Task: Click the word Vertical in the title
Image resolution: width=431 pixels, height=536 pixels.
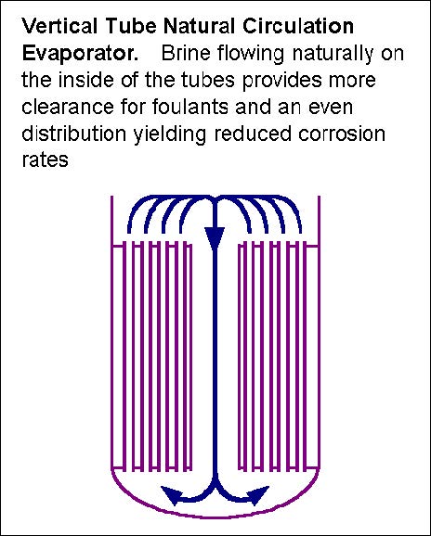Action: [59, 26]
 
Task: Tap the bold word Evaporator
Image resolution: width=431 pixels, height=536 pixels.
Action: [81, 54]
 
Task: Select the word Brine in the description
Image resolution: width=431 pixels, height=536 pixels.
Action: [186, 53]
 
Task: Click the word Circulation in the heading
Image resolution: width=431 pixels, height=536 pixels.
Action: [298, 26]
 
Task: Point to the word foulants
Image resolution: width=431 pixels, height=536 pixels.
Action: [189, 107]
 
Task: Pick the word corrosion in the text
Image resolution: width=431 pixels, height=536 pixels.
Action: [342, 134]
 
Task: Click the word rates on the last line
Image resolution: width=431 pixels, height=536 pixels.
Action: [45, 160]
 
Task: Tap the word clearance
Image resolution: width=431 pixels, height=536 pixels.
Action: [68, 107]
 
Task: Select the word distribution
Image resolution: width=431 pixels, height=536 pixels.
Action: [74, 134]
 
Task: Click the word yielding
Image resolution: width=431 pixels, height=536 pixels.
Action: [170, 134]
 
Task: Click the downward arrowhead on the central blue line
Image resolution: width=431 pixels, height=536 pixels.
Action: [215, 238]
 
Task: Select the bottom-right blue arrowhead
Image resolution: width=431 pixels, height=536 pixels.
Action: [258, 495]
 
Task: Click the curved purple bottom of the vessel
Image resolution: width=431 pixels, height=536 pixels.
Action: [215, 517]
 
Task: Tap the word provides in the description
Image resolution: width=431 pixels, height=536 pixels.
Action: [282, 81]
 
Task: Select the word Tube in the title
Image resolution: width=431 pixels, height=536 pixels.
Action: [131, 26]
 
